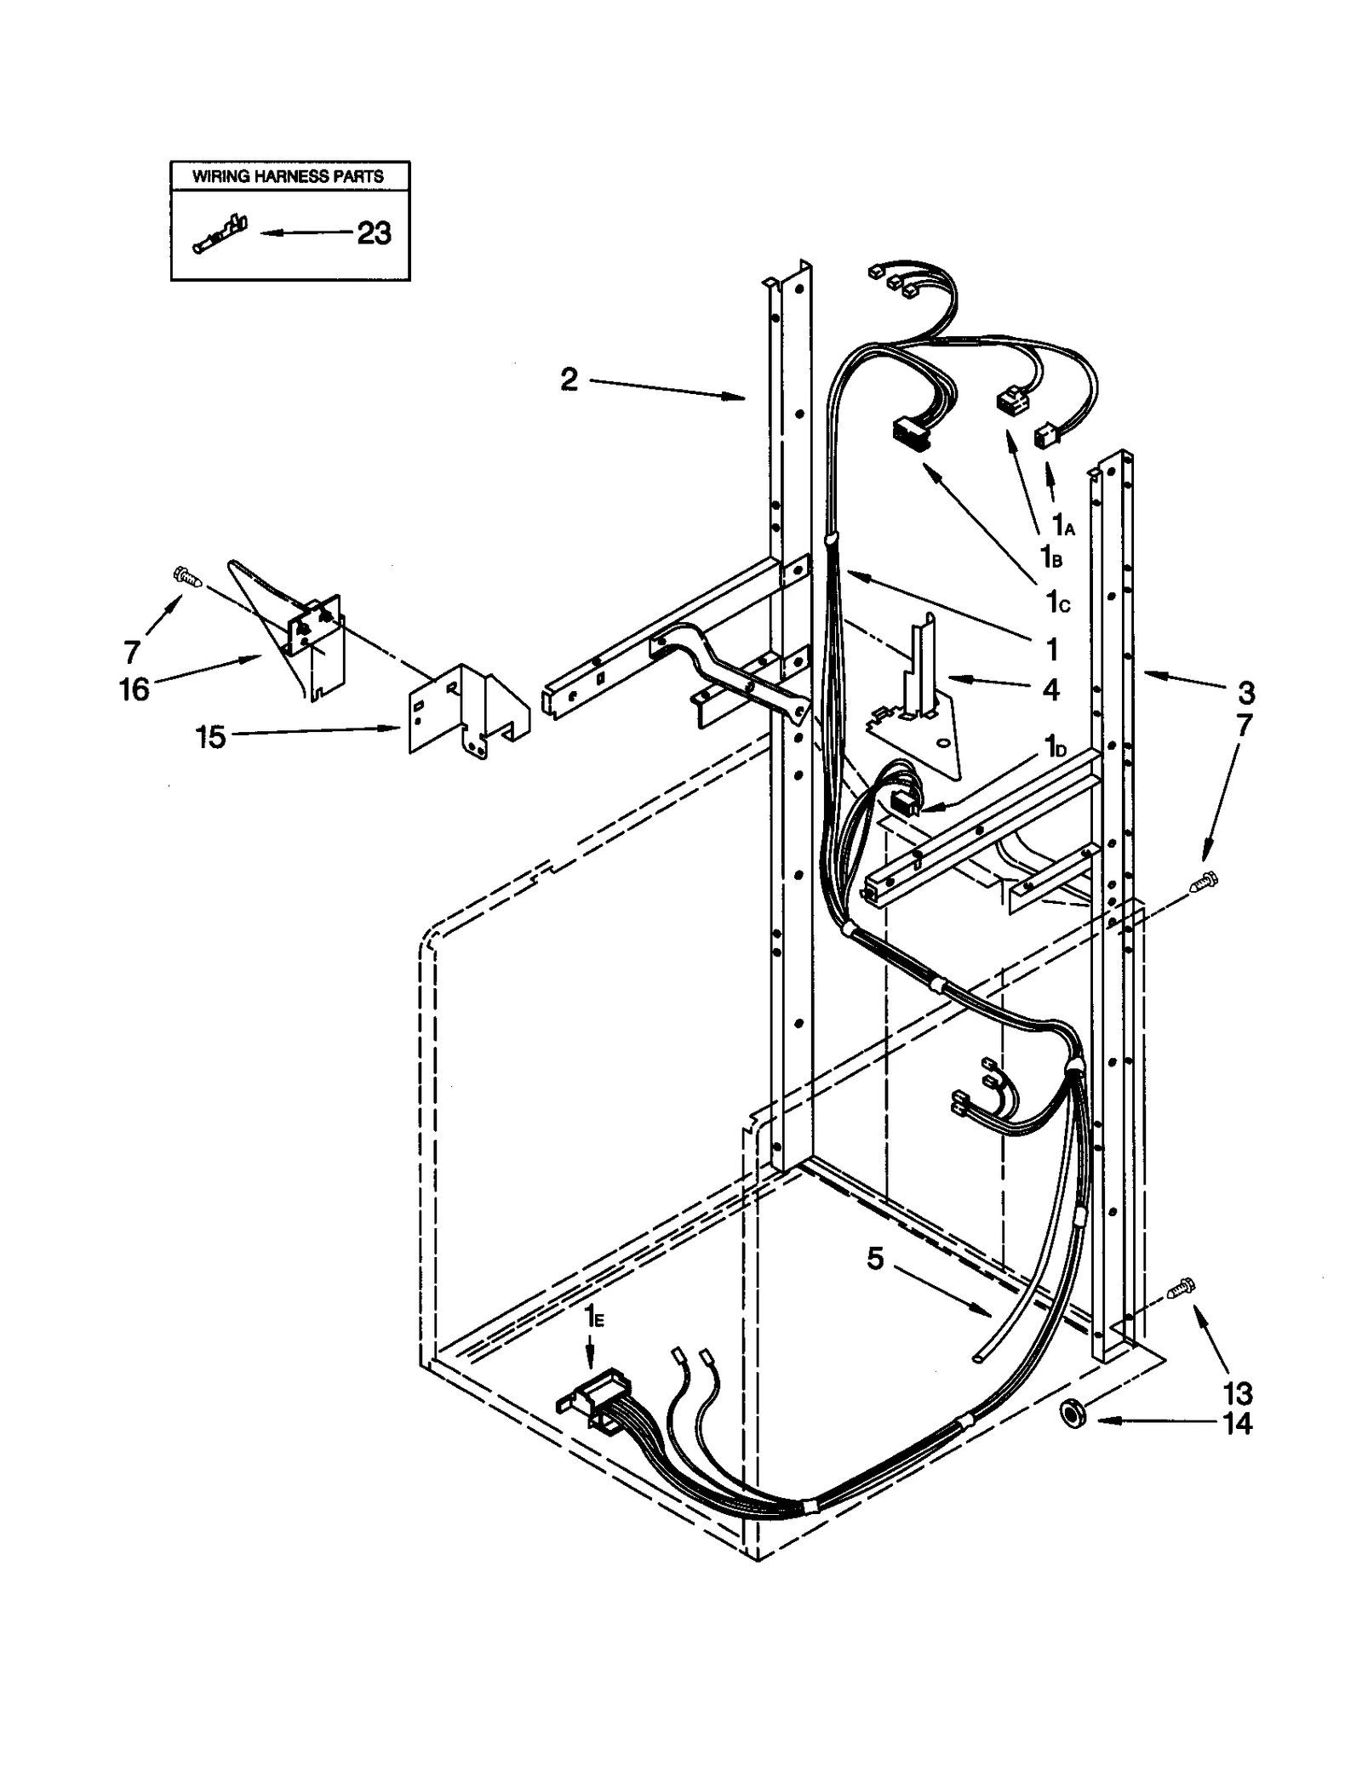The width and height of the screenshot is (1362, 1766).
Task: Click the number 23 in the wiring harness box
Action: point(373,232)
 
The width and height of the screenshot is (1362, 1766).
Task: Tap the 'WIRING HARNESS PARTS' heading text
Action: point(288,176)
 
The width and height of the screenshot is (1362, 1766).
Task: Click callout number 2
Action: point(569,380)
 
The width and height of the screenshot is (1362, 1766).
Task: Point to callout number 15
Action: point(210,737)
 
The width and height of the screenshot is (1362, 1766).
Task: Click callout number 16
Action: point(134,689)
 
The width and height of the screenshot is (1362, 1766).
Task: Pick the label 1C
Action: point(1056,602)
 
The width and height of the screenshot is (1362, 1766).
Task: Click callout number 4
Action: point(1051,689)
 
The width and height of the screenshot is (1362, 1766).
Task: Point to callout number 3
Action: point(1245,693)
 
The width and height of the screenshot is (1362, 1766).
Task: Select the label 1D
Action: point(1056,747)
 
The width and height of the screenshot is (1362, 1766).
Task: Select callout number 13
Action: point(1237,1393)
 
